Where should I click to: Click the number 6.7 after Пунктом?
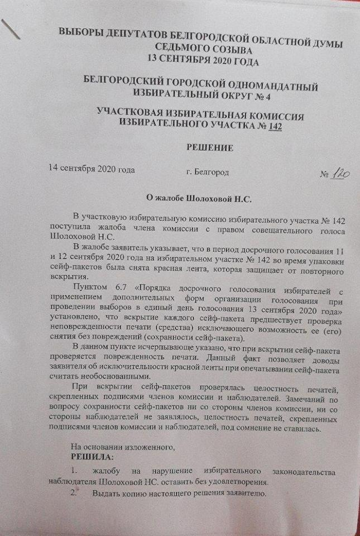[123, 288]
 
